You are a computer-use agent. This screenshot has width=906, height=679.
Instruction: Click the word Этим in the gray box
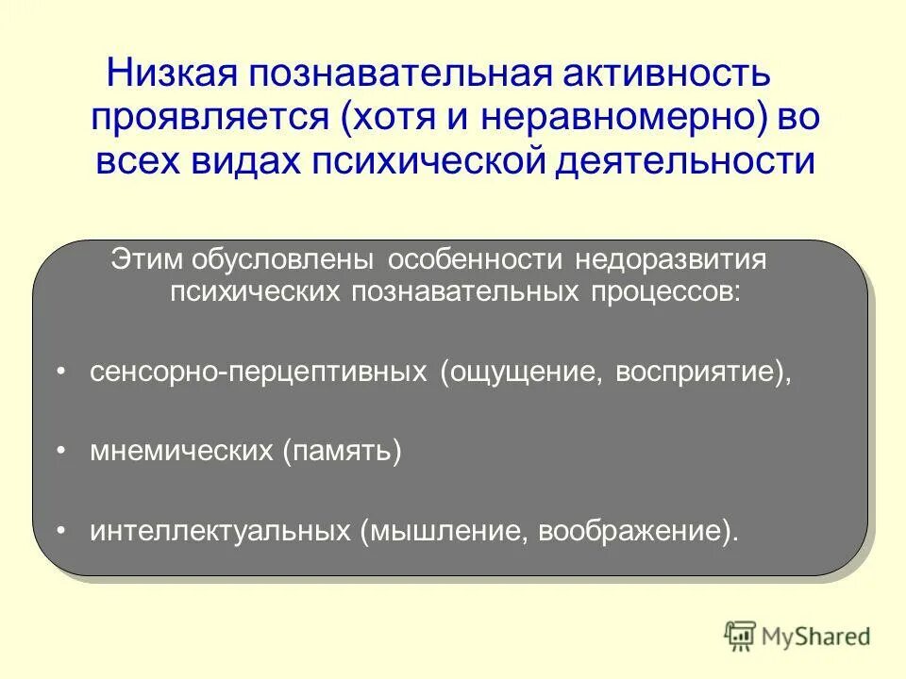pyautogui.click(x=147, y=259)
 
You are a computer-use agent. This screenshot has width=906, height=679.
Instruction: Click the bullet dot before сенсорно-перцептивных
pyautogui.click(x=61, y=372)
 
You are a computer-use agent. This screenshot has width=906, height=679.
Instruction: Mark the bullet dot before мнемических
pyautogui.click(x=61, y=452)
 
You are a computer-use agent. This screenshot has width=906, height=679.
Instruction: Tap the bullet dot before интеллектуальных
pyautogui.click(x=61, y=532)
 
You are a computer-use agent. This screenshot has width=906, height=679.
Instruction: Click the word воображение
pyautogui.click(x=629, y=532)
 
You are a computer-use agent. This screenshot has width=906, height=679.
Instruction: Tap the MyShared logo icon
pyautogui.click(x=741, y=636)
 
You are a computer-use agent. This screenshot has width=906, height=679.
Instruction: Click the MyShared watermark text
pyautogui.click(x=817, y=637)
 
